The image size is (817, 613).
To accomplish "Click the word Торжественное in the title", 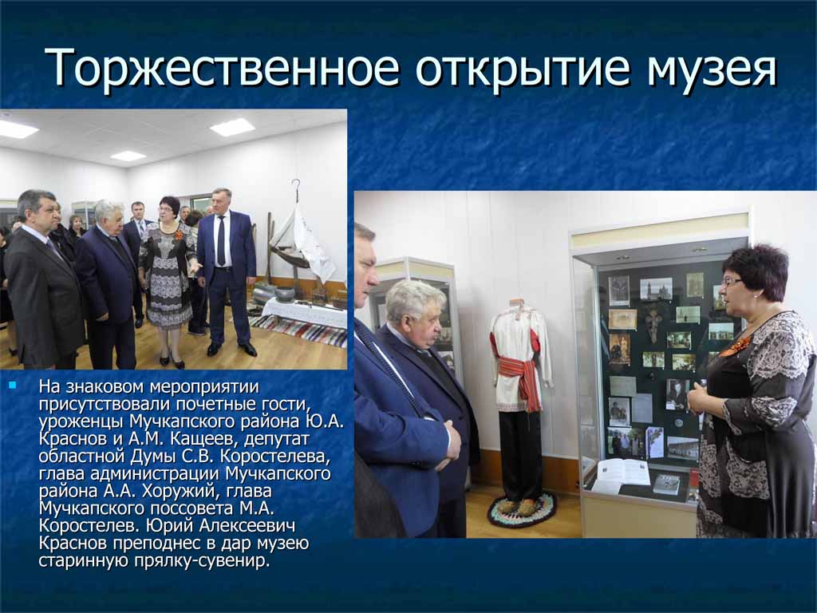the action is tap(222, 69).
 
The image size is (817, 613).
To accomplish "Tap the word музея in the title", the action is tap(712, 69).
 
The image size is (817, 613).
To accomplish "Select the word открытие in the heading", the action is tap(523, 69).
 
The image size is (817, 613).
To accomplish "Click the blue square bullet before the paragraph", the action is tap(13, 386).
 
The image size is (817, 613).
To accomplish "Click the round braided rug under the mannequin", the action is tap(522, 510).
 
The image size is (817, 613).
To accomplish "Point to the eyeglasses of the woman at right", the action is tap(731, 282).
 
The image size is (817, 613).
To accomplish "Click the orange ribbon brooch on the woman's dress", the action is tap(736, 345).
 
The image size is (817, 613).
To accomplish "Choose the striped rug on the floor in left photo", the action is tap(300, 330).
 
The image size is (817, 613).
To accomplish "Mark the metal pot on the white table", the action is tap(286, 295).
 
